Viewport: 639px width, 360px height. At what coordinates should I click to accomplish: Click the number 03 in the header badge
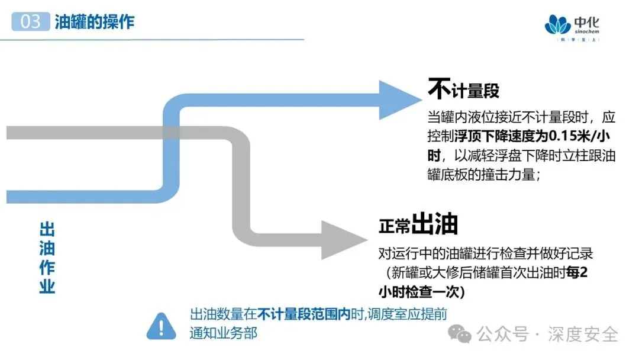point(31,22)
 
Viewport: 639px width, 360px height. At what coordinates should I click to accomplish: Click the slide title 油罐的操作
point(95,22)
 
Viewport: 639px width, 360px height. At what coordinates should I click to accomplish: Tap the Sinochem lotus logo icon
point(557,25)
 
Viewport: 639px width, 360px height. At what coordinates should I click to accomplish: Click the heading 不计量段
point(463,90)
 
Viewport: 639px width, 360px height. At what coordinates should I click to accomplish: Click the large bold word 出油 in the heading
point(435,225)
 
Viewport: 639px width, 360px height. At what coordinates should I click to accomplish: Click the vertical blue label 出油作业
point(47,258)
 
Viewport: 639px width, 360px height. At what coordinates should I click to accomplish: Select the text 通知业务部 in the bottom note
point(223,333)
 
